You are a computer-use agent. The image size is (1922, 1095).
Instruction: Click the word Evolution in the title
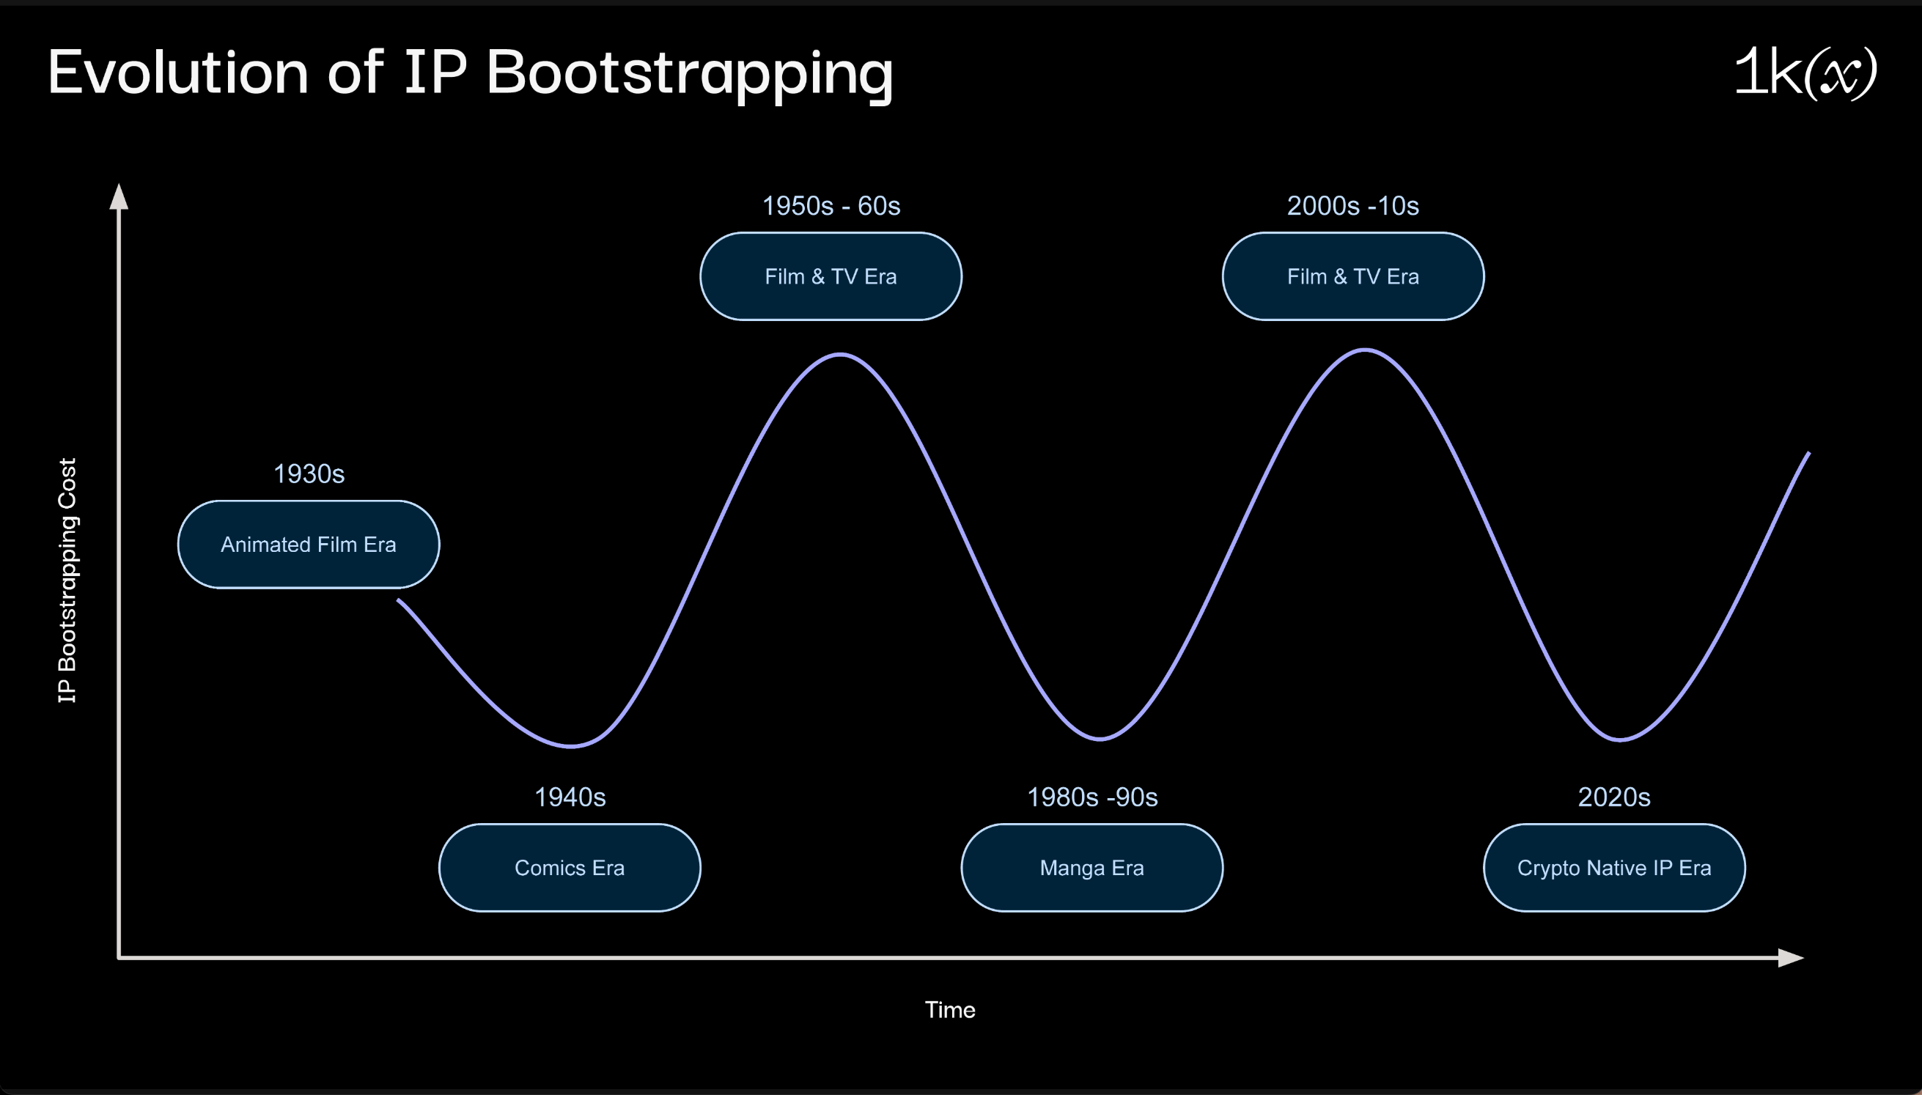point(178,73)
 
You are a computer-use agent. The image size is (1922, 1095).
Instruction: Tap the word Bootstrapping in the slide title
point(690,76)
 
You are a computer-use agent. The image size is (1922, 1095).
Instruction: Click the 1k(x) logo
point(1805,73)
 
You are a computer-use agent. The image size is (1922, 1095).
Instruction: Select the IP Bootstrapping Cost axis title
point(67,580)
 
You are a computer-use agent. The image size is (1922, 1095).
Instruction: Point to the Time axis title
point(950,1009)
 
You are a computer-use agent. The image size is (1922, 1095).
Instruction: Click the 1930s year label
point(309,473)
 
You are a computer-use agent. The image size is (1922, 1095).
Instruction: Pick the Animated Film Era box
point(309,545)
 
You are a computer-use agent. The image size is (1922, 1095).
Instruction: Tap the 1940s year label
point(570,797)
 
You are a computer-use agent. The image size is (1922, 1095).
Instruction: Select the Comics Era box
point(570,868)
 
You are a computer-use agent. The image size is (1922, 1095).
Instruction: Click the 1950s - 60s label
point(831,206)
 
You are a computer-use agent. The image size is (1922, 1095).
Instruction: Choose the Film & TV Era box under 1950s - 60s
point(831,277)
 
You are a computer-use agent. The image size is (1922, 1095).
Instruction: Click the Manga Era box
point(1091,868)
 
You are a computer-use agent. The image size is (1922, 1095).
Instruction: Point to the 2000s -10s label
point(1352,206)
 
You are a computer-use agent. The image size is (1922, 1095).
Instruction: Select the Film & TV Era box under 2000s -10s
point(1352,277)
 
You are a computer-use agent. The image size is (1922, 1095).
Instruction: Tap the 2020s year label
point(1613,797)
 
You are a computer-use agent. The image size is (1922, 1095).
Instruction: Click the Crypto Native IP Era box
point(1613,868)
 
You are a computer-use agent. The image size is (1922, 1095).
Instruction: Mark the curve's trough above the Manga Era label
point(1100,739)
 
